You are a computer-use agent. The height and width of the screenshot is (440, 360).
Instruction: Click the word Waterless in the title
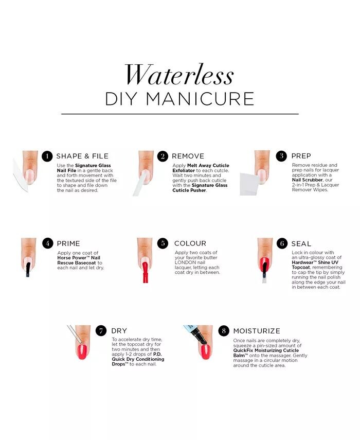coord(179,74)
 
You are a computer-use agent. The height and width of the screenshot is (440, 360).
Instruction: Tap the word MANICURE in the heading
coord(200,99)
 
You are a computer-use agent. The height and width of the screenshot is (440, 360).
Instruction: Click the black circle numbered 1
coord(47,156)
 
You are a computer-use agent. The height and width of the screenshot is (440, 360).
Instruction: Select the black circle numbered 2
coord(163,156)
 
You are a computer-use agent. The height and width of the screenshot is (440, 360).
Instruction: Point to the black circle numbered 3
coord(281,156)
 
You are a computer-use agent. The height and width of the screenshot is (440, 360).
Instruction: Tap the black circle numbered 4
coord(48,243)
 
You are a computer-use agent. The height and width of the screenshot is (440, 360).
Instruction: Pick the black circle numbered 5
coord(163,243)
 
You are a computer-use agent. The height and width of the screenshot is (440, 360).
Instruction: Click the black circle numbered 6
coord(282,243)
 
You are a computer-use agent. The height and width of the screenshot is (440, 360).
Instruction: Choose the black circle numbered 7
coord(101,331)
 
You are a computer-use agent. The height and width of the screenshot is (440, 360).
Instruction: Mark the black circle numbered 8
coord(224,331)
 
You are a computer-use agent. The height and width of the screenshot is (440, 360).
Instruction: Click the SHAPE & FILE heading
coord(82,156)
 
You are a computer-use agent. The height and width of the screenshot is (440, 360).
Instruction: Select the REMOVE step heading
coord(188,156)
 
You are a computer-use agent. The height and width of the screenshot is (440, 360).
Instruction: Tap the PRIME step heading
coord(68,243)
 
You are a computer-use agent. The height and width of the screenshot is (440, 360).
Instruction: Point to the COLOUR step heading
coord(190,243)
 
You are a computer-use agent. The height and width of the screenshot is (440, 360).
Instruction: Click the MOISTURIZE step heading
coord(257,331)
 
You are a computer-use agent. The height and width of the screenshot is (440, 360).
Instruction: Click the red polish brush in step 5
coord(145,272)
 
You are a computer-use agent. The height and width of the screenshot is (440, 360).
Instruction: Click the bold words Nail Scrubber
coord(308,180)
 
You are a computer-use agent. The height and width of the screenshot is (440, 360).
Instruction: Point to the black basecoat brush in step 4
coord(28,269)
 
